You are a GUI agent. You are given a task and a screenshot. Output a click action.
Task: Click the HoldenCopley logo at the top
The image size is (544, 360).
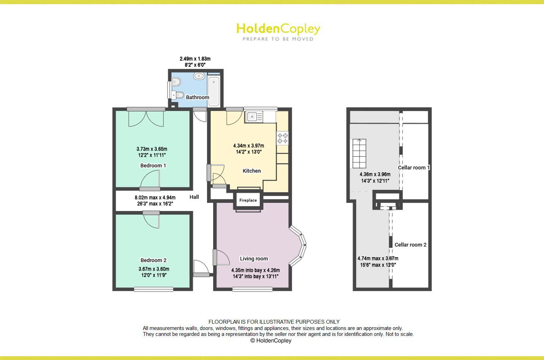click(278, 31)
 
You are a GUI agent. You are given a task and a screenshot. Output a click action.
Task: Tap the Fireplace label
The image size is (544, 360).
click(248, 200)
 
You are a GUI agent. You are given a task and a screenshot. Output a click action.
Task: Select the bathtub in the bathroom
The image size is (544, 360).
click(213, 90)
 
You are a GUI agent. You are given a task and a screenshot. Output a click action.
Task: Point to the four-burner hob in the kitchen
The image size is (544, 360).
click(283, 138)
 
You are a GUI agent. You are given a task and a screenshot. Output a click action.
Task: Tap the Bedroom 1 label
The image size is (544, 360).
click(153, 166)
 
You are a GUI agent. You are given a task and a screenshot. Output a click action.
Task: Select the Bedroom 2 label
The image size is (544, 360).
click(153, 260)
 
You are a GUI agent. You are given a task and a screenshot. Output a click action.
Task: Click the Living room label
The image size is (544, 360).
click(254, 259)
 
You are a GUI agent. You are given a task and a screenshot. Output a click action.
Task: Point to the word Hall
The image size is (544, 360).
click(194, 197)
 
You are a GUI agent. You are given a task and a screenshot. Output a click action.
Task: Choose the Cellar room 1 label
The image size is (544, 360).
click(414, 168)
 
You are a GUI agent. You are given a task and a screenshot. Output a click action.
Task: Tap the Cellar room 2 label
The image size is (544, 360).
click(410, 245)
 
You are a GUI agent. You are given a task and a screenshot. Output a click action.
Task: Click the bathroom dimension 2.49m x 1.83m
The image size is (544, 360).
click(195, 59)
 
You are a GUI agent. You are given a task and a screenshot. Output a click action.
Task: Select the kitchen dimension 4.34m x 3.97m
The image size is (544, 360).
click(248, 146)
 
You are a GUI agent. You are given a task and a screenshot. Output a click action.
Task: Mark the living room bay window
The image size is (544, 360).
click(299, 245)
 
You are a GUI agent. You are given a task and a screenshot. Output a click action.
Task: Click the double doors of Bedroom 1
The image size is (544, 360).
click(146, 118)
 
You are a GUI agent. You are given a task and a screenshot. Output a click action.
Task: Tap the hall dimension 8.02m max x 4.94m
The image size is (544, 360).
click(155, 198)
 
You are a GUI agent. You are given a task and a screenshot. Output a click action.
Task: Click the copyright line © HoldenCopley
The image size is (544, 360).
click(271, 340)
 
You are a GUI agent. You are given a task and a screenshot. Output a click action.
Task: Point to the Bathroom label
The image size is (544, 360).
click(197, 97)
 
